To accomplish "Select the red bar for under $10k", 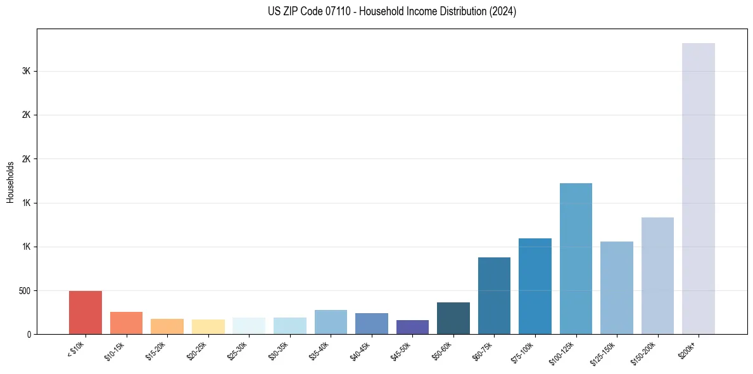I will pos(85,313).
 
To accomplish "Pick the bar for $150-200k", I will pos(657,276).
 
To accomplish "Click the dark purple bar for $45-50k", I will pos(412,327).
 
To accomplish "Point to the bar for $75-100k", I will pos(535,286).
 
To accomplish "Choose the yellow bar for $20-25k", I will pos(208,326).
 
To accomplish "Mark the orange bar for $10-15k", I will pos(126,323).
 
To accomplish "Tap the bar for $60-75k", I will pos(494,295).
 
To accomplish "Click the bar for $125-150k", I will pos(616,288).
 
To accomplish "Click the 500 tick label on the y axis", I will pos(24,291).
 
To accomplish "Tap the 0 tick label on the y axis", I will pos(29,335).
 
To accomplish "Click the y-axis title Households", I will pos(10,182).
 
